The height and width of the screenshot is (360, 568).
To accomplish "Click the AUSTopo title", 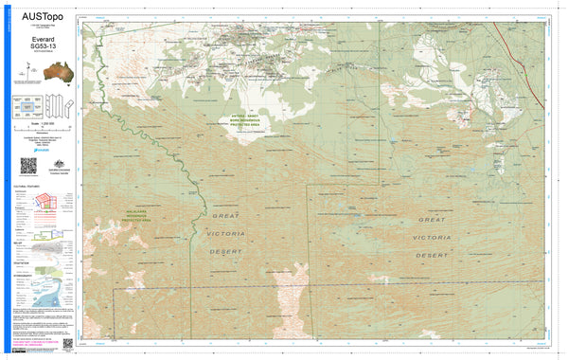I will coord(39,14).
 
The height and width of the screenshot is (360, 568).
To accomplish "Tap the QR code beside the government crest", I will coord(28,165).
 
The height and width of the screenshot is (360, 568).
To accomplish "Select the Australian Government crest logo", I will coord(55,163).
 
